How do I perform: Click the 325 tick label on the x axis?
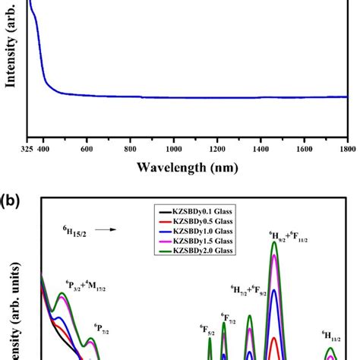click(x=28, y=150)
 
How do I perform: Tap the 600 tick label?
click(x=87, y=150)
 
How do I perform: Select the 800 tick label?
click(x=131, y=150)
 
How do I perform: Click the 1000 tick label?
click(x=174, y=150)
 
